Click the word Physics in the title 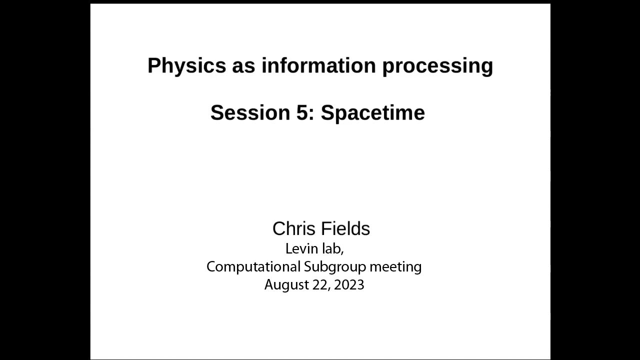[186, 66]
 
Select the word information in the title [318, 65]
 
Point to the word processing [437, 66]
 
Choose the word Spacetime [373, 113]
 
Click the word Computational [253, 266]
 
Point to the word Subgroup [335, 267]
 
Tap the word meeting [395, 267]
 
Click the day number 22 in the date [321, 285]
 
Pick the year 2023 [349, 285]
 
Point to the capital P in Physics [153, 65]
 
